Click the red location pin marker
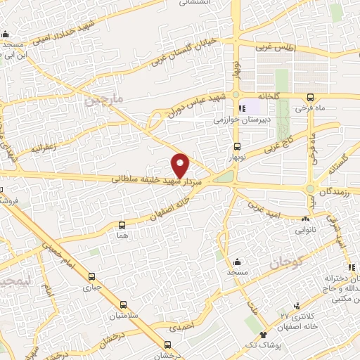pos(181,165)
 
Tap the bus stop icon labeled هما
pos(122,225)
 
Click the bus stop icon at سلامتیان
pos(124,305)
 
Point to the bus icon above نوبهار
pos(237,147)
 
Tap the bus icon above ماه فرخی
pos(310,98)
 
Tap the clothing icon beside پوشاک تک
pos(263,335)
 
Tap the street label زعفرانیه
pos(49,148)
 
